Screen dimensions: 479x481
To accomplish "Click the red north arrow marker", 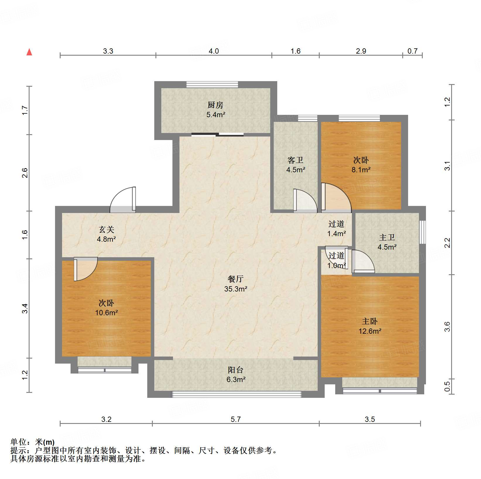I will point(29,52).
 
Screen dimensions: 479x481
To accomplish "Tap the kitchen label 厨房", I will point(215,105).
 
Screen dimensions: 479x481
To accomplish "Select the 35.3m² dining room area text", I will point(236,289).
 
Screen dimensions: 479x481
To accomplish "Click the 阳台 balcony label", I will point(236,370).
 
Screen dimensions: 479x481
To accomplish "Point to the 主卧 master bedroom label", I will point(369,321).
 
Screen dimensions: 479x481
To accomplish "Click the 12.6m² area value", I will point(370,331).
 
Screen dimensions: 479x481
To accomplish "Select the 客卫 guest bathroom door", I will point(305,201).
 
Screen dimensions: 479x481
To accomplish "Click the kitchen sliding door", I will point(217,135).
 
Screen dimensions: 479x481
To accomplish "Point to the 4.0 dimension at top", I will point(214,51).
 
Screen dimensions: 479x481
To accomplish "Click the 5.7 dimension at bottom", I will point(236,419).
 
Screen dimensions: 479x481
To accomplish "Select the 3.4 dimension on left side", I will point(25,308).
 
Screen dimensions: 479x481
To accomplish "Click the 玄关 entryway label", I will point(106,229).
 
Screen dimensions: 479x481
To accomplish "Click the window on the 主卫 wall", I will point(422,232).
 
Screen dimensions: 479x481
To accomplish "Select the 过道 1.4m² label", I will point(336,224).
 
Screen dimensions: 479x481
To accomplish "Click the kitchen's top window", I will point(213,85).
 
